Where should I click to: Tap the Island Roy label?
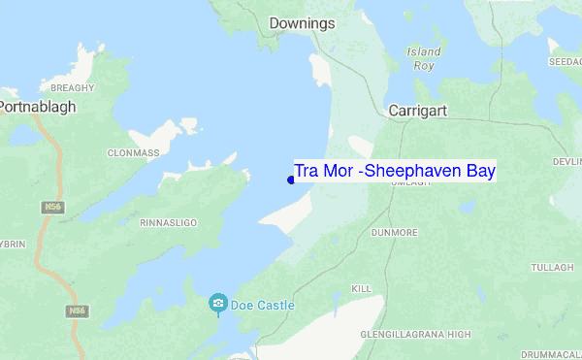tap(424, 58)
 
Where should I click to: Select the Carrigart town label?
tap(417, 111)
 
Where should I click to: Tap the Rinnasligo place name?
tap(169, 222)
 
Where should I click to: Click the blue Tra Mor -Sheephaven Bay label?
tap(395, 171)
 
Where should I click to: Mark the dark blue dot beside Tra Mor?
tap(291, 180)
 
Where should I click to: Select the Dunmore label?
tap(394, 233)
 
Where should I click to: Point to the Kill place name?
tap(362, 289)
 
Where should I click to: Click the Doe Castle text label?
tap(262, 305)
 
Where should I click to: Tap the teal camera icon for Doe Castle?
tap(219, 305)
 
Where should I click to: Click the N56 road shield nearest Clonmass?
tap(51, 207)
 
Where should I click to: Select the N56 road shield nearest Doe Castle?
tap(77, 311)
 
